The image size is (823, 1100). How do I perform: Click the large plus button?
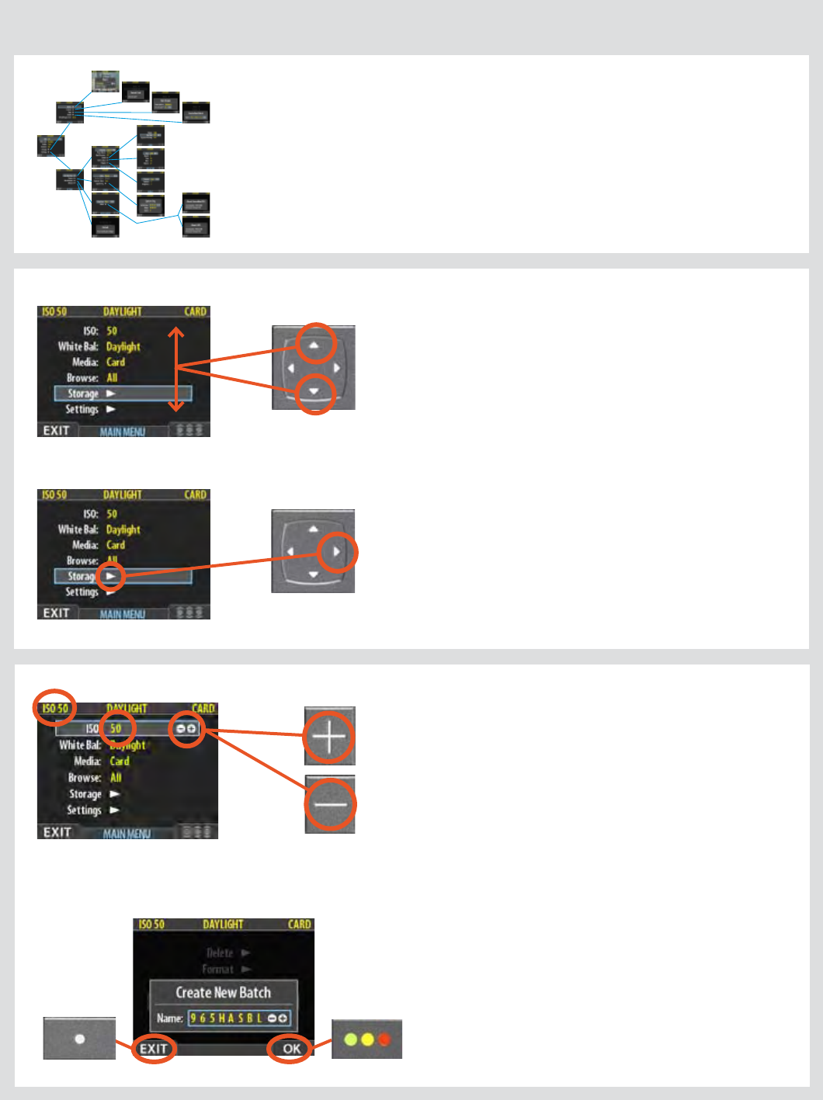[329, 736]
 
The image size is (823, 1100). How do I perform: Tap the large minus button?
[330, 804]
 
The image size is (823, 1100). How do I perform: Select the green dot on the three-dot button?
[350, 1039]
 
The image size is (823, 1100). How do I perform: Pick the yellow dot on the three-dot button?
[367, 1039]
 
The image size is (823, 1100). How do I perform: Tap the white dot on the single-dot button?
[79, 1039]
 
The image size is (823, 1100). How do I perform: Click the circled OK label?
[291, 1049]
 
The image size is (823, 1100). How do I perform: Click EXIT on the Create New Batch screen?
[153, 1049]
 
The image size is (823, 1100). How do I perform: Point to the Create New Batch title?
[223, 992]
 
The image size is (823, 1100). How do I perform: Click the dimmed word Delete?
[220, 953]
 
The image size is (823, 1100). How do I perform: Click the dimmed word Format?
[218, 969]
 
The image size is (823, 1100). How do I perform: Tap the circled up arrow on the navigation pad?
[314, 344]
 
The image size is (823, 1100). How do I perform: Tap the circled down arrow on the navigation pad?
[314, 392]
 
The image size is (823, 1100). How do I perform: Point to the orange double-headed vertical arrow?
[176, 369]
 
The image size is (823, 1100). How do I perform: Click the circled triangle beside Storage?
[111, 576]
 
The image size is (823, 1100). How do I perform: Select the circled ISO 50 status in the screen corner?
[54, 708]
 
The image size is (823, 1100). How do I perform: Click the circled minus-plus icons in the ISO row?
[186, 729]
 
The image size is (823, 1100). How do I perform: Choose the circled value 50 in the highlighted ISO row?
[116, 728]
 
